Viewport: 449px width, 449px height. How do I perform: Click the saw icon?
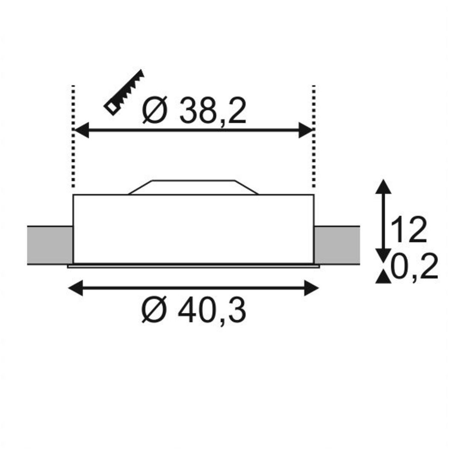click(124, 92)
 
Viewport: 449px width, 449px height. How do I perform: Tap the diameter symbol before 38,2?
click(155, 109)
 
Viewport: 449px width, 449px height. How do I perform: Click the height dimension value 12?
click(409, 230)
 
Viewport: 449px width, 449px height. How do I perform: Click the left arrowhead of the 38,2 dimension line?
click(81, 130)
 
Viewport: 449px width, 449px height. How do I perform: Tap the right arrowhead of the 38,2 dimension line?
click(306, 130)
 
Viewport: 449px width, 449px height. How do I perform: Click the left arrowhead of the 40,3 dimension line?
click(75, 288)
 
